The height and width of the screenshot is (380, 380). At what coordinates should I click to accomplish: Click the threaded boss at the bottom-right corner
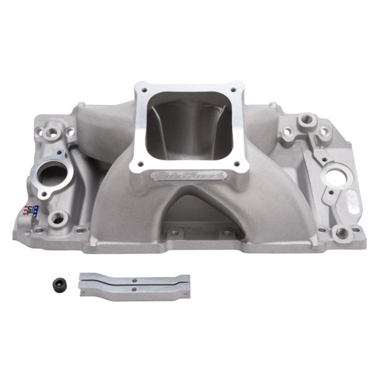tap(342, 234)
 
